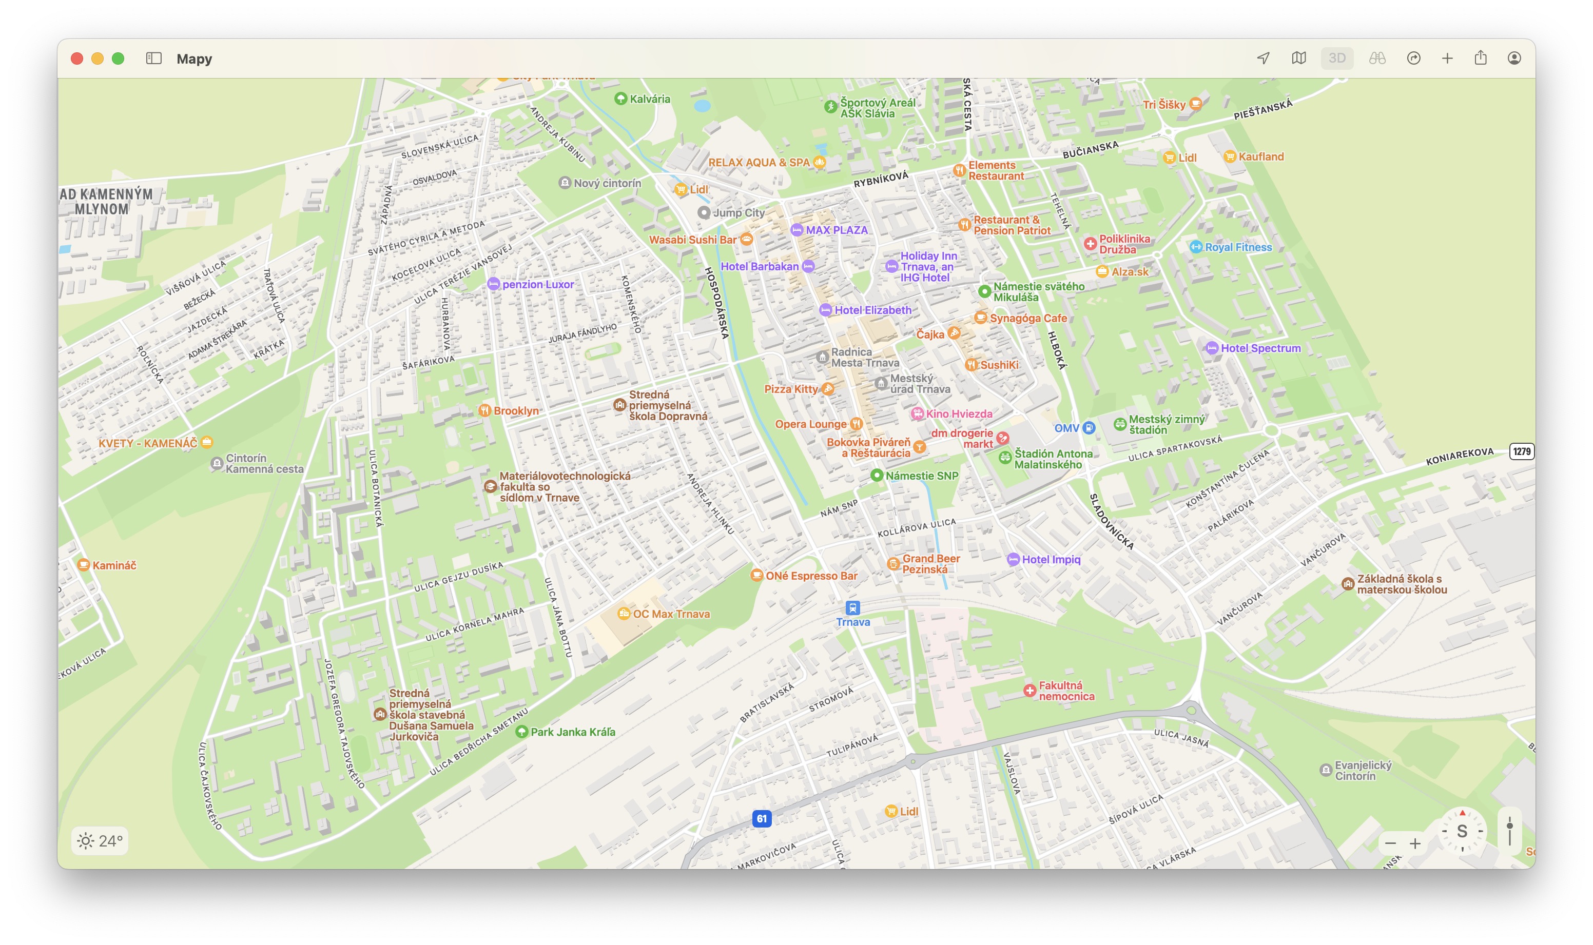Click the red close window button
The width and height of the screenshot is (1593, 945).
77,58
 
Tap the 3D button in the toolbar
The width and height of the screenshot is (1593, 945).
1336,58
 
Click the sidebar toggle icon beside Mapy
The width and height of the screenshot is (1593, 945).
153,58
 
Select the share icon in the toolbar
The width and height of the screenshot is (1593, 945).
1480,58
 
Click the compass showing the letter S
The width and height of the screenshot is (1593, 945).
1462,831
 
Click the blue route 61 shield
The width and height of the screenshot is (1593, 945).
762,819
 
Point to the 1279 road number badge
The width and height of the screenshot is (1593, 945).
1521,451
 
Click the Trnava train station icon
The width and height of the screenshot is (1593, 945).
853,608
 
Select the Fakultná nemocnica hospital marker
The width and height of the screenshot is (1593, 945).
1029,691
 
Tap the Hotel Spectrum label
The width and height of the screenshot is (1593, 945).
1260,348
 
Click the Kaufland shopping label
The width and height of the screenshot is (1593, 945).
1260,156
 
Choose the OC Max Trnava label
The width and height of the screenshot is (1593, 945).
670,614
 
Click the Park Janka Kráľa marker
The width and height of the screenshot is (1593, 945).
521,732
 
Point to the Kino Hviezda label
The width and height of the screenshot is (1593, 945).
959,414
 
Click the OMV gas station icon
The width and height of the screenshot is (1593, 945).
1089,428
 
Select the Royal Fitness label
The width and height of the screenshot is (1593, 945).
1237,247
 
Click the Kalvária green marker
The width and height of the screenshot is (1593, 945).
620,99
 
